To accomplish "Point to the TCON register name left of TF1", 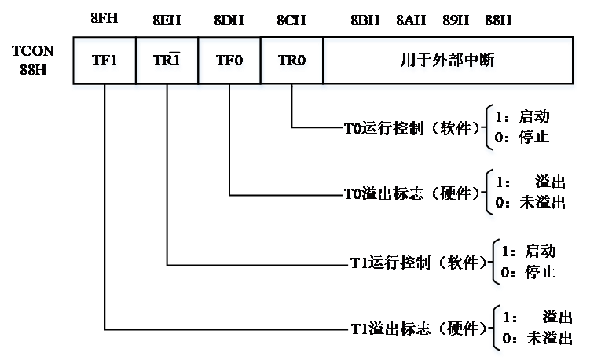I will tap(35, 59).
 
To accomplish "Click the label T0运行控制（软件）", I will tap(412, 128).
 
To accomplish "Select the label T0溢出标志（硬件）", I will tap(412, 193).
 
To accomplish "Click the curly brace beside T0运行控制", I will tap(491, 128).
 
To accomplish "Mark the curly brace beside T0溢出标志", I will tap(491, 192).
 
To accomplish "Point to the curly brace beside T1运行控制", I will tap(496, 262).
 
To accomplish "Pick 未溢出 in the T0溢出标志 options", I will tap(541, 202).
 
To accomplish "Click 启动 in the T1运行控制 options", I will tap(540, 252).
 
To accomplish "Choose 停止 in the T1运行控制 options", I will tap(540, 272).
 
